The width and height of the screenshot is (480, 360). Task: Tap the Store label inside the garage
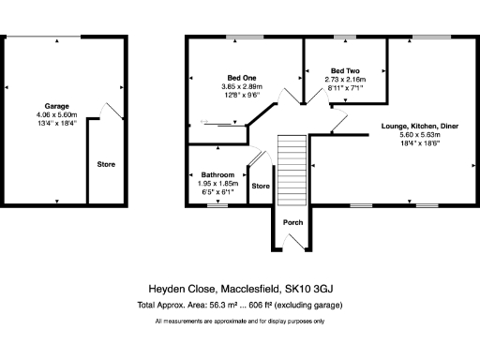tap(106, 165)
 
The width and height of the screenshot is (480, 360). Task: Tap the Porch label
tap(292, 222)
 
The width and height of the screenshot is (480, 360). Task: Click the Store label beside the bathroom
tap(261, 186)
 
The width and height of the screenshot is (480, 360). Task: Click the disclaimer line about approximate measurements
tap(239, 322)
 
